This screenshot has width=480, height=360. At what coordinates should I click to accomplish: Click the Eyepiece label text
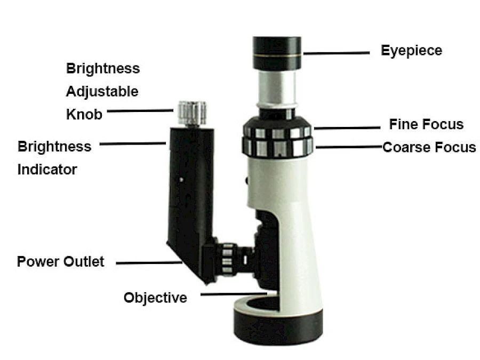click(x=411, y=51)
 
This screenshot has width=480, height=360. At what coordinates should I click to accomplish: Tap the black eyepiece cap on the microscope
click(x=277, y=53)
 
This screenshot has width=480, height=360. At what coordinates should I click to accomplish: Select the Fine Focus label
click(x=426, y=124)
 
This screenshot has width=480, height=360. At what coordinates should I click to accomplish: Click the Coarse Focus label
click(x=429, y=147)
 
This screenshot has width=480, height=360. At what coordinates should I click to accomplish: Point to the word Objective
click(x=155, y=298)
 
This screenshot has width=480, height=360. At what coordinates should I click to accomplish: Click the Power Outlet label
click(x=61, y=262)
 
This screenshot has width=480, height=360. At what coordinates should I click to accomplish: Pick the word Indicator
click(x=47, y=170)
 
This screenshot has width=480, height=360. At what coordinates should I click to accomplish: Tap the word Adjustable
click(x=102, y=92)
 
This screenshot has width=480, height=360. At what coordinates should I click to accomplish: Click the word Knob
click(x=84, y=115)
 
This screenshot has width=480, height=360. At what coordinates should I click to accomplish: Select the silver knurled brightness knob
click(x=192, y=113)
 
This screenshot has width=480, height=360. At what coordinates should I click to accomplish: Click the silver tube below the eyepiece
click(x=277, y=89)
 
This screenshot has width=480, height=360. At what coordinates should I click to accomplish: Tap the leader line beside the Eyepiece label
click(x=337, y=53)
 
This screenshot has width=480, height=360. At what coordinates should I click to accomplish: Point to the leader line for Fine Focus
click(x=347, y=128)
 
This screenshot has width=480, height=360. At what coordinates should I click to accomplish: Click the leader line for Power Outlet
click(x=149, y=262)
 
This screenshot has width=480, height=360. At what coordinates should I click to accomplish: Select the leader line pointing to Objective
click(x=234, y=294)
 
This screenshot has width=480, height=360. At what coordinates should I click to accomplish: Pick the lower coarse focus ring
click(x=277, y=148)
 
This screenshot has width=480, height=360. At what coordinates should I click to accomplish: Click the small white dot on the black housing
click(x=181, y=180)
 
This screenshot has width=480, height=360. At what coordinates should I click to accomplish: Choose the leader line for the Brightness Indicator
click(x=133, y=143)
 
